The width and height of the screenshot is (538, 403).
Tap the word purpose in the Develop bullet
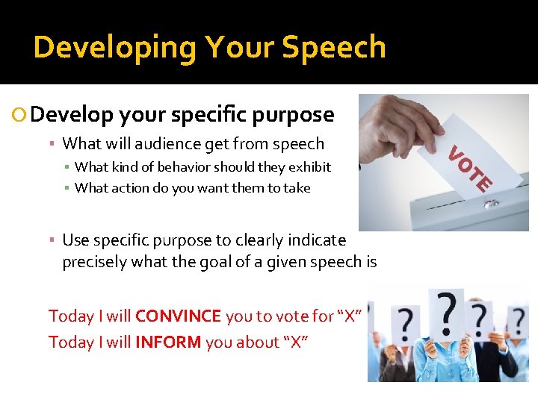[294, 115]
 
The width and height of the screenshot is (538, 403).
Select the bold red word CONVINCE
[178, 316]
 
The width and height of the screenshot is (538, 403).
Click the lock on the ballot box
[489, 204]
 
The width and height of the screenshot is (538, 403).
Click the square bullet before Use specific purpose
[52, 241]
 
